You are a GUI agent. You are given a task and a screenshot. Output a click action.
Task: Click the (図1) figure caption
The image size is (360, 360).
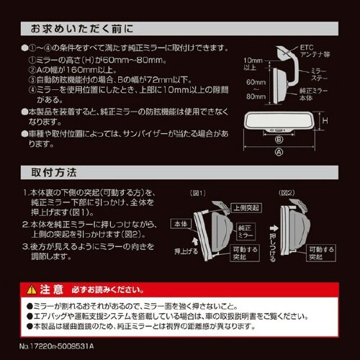197,193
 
